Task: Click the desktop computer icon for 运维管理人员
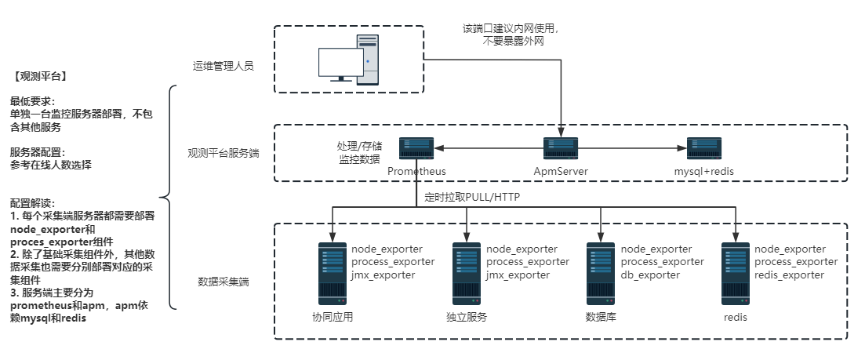click(349, 60)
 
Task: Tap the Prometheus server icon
click(416, 148)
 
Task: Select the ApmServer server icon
click(560, 148)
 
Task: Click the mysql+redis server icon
click(703, 148)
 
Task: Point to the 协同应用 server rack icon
click(333, 274)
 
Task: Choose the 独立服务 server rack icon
click(467, 274)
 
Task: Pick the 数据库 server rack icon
click(601, 274)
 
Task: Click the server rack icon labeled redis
click(736, 274)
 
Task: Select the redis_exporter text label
click(789, 275)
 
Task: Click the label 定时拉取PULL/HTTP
click(472, 197)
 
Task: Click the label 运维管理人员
click(224, 66)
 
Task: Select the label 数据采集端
click(224, 281)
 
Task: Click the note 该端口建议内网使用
click(511, 29)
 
